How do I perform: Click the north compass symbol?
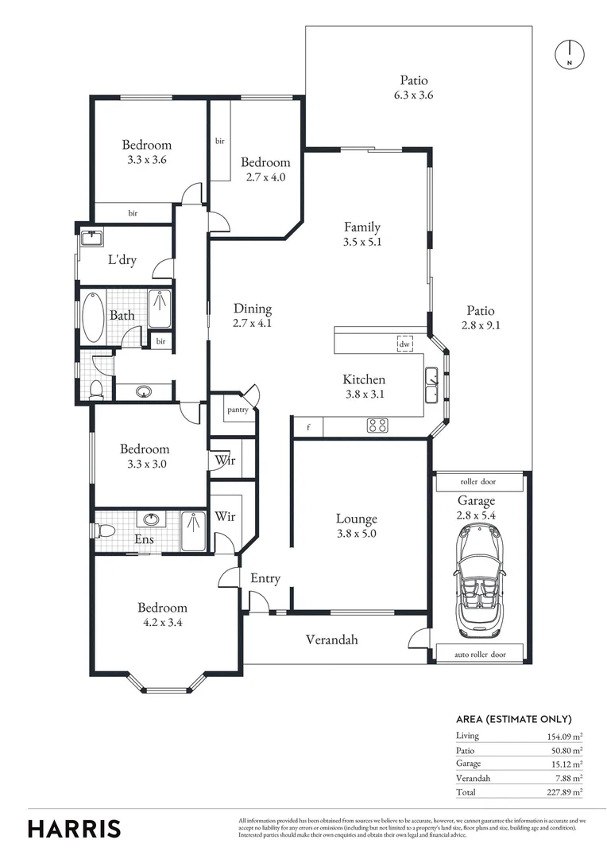[x=569, y=54]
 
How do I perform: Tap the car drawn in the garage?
[x=476, y=581]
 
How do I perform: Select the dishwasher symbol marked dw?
[x=404, y=344]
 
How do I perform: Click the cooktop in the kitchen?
[x=377, y=426]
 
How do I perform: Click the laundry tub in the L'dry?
[x=92, y=239]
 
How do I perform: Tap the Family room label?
[x=361, y=227]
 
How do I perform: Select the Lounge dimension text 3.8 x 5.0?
[x=356, y=534]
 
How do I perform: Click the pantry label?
[x=238, y=410]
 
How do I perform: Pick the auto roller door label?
[x=480, y=654]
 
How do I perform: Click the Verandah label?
[x=331, y=639]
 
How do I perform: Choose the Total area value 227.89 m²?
[x=565, y=792]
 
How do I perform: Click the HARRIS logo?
[x=74, y=829]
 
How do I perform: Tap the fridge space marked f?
[x=309, y=427]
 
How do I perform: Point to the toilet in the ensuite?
[x=103, y=531]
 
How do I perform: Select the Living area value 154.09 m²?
[x=565, y=737]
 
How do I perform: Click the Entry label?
[x=265, y=578]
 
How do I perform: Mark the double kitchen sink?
[x=432, y=385]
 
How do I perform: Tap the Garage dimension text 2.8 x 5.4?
[x=476, y=515]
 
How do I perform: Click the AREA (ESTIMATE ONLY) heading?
[x=513, y=719]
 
